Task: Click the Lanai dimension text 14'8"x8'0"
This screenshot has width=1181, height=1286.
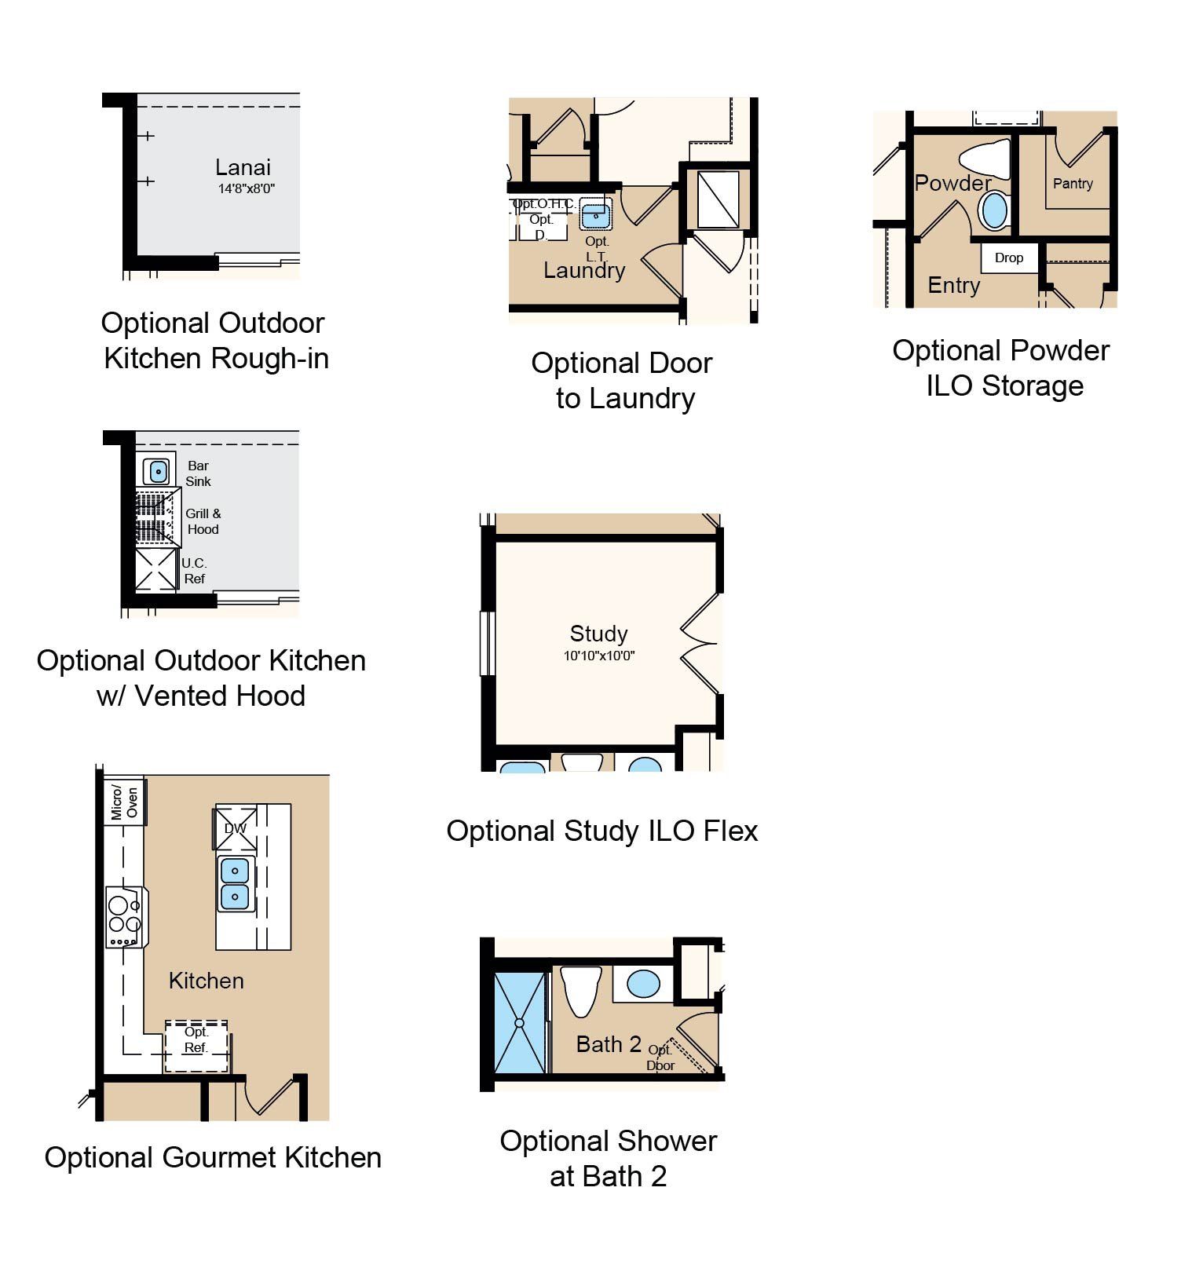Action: point(246,188)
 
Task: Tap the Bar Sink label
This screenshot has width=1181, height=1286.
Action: point(198,473)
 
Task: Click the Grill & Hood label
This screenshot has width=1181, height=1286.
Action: point(203,521)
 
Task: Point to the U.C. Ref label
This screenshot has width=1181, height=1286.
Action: point(194,571)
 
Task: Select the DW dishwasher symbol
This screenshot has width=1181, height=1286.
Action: point(235,827)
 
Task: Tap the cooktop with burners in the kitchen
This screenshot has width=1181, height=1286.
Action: point(126,917)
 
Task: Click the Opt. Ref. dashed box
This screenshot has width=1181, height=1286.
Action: point(196,1047)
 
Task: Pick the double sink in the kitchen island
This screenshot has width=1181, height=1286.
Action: point(235,884)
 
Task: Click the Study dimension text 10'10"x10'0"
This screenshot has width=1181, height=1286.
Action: point(599,656)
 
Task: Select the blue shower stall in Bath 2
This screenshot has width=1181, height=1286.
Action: point(520,1023)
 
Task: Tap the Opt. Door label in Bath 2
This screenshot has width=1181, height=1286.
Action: point(660,1058)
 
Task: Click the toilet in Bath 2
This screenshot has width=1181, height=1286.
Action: point(582,991)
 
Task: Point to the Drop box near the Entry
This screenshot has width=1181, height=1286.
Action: point(1009,258)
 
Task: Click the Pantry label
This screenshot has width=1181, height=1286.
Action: point(1073,184)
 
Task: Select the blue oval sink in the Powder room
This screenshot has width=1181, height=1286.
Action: point(995,211)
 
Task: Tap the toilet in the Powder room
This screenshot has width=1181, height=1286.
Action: point(985,159)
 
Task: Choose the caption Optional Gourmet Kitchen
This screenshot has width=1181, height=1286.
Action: point(213,1157)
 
